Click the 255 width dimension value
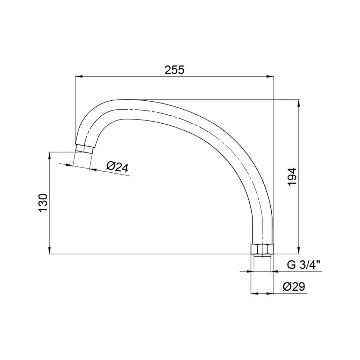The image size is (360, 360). click(174, 70)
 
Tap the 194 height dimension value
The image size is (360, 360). click(293, 177)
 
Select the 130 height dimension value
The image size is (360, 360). click(43, 203)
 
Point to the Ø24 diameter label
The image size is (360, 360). click(117, 167)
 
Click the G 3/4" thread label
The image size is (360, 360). click(304, 265)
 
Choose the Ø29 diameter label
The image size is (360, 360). click(294, 286)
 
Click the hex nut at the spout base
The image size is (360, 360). click(262, 248)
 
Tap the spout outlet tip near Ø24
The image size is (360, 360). click(84, 148)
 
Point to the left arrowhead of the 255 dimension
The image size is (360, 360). click(79, 77)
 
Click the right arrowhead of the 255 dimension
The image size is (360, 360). click(270, 77)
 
